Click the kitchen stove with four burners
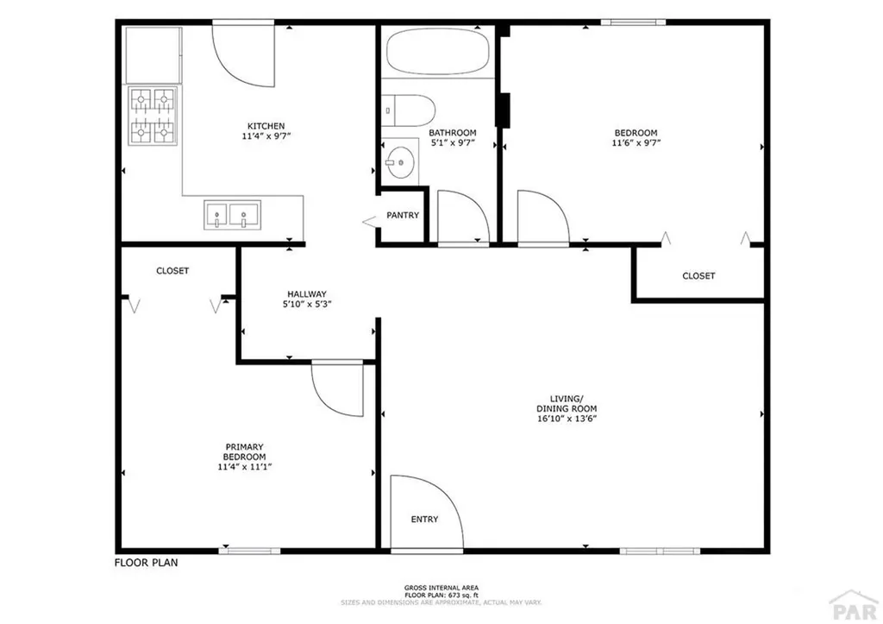click(x=153, y=116)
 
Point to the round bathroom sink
click(x=398, y=161)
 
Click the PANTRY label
click(x=403, y=215)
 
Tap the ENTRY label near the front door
click(x=424, y=520)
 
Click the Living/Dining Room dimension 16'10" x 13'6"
click(x=567, y=419)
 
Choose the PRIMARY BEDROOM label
click(x=245, y=451)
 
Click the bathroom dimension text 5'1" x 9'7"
click(x=452, y=144)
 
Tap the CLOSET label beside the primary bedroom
click(x=172, y=271)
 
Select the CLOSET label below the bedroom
click(x=698, y=276)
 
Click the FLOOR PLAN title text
click(x=147, y=563)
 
